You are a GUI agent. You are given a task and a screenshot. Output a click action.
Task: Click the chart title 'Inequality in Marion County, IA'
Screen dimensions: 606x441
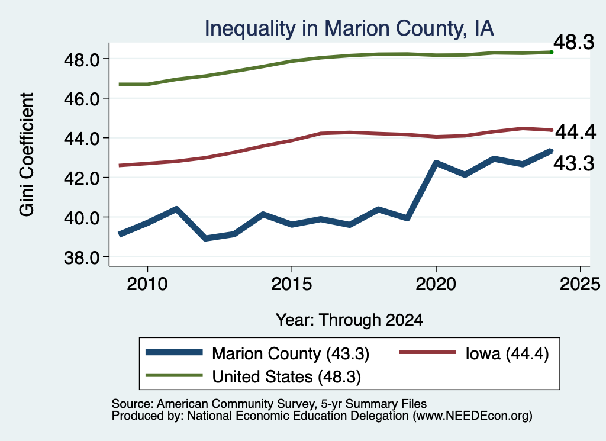[x=349, y=28]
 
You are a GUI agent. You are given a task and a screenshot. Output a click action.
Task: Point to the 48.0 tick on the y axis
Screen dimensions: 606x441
[x=82, y=60]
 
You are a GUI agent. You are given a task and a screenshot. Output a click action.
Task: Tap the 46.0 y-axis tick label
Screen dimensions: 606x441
[x=82, y=99]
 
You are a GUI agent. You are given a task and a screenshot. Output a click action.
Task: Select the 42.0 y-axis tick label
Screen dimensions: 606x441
[x=82, y=178]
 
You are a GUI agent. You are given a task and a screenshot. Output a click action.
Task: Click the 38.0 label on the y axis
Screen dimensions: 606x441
[x=82, y=257]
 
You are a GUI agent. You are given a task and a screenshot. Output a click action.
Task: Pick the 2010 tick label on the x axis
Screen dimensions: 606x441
[x=147, y=285]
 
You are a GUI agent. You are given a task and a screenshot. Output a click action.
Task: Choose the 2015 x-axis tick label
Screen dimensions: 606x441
[x=291, y=285]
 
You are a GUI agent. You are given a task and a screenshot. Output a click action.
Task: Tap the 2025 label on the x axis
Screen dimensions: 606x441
[x=580, y=285]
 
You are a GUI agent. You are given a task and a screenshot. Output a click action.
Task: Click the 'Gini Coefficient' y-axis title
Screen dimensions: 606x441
[x=27, y=154]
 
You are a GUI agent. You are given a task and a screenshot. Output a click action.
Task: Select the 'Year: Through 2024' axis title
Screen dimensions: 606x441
[x=349, y=320]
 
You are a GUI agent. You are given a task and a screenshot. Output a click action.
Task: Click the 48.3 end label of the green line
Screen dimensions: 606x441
[x=574, y=42]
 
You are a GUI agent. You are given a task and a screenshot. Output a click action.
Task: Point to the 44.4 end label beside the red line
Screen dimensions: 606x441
[x=575, y=132]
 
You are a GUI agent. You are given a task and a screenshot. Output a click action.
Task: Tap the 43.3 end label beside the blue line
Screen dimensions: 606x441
[x=574, y=163]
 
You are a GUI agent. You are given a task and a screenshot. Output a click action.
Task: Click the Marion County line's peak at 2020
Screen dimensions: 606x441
[x=436, y=163]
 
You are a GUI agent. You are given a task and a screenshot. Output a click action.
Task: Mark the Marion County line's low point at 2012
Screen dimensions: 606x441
[x=205, y=238]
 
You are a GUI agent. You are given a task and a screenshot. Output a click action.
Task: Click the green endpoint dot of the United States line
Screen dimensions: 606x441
[x=552, y=52]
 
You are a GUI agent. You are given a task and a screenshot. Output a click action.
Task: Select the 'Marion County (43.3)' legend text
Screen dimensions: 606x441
[x=291, y=353]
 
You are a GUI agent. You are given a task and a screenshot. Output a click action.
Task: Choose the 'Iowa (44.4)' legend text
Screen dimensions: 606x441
[x=507, y=353]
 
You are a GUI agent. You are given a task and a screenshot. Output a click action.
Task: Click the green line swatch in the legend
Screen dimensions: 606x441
[x=174, y=375]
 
